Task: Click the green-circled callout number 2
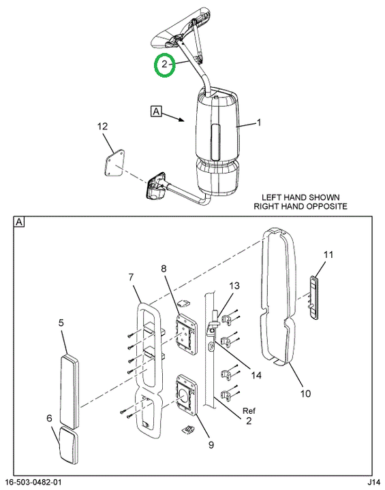tap(165, 65)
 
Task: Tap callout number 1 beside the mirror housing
tap(258, 122)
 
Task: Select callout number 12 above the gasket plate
tap(102, 127)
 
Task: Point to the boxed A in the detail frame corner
tap(19, 222)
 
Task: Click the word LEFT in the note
tap(271, 197)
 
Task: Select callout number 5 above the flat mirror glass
tap(61, 323)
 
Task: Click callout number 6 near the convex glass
tap(49, 418)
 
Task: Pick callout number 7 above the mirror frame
tap(131, 277)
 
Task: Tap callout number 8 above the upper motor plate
tap(164, 268)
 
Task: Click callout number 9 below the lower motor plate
tap(211, 444)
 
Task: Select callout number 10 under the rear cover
tap(305, 393)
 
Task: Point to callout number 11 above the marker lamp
tap(328, 255)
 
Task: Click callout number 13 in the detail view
tap(234, 286)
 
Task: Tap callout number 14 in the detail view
tap(256, 375)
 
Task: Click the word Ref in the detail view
tap(249, 410)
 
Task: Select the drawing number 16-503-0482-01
tap(33, 483)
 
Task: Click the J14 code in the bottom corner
tap(373, 483)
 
